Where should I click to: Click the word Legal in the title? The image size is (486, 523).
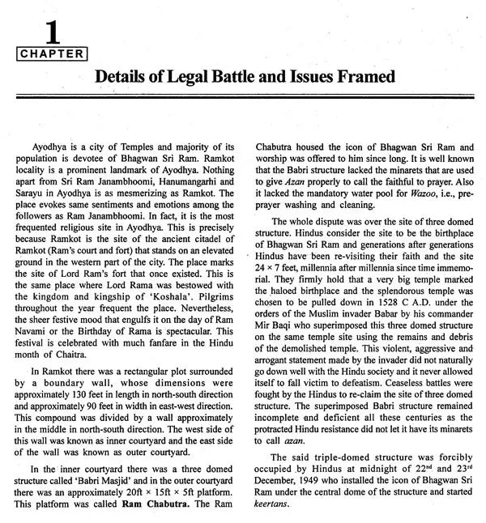tap(198, 77)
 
